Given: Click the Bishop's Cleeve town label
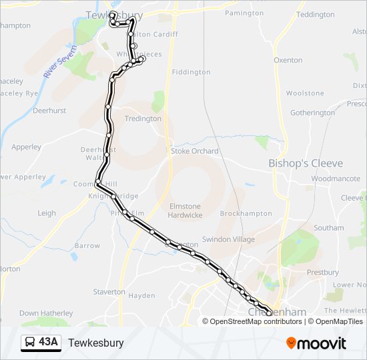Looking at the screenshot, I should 306,163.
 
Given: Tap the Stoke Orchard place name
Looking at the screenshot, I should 195,151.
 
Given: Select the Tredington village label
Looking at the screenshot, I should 143,119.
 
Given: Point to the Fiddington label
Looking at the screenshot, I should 191,72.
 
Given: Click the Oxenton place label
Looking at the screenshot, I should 288,60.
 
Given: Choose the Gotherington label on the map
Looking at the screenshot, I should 312,113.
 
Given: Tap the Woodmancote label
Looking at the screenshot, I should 335,179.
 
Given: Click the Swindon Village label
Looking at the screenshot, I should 229,239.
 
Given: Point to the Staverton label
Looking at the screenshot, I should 109,291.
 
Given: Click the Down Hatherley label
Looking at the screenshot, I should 46,313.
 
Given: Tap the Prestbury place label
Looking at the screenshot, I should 323,272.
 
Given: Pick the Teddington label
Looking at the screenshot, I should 315,15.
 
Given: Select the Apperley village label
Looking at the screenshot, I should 27,147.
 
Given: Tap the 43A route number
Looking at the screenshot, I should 49,343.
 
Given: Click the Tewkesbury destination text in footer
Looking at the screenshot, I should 96,343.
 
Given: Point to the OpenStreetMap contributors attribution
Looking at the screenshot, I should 256,321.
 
